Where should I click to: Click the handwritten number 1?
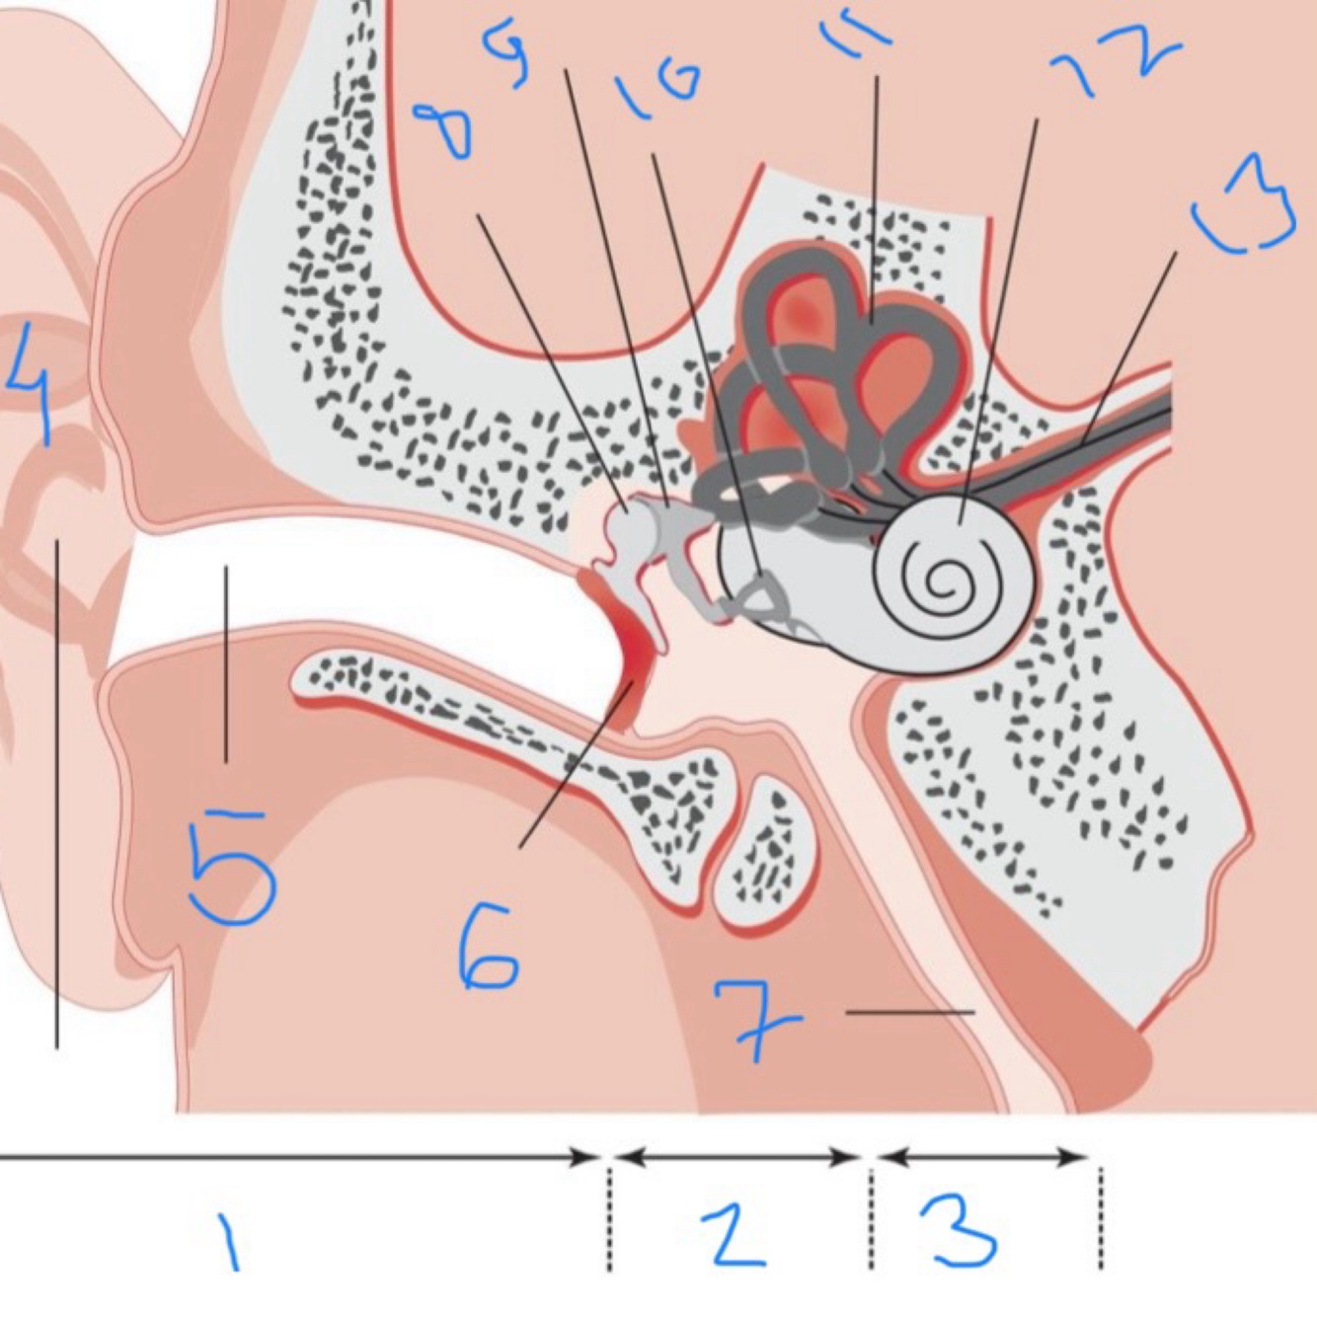229,1242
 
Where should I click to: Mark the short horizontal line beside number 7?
909,1012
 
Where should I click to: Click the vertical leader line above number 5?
226,662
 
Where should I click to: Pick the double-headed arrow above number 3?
982,1156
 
